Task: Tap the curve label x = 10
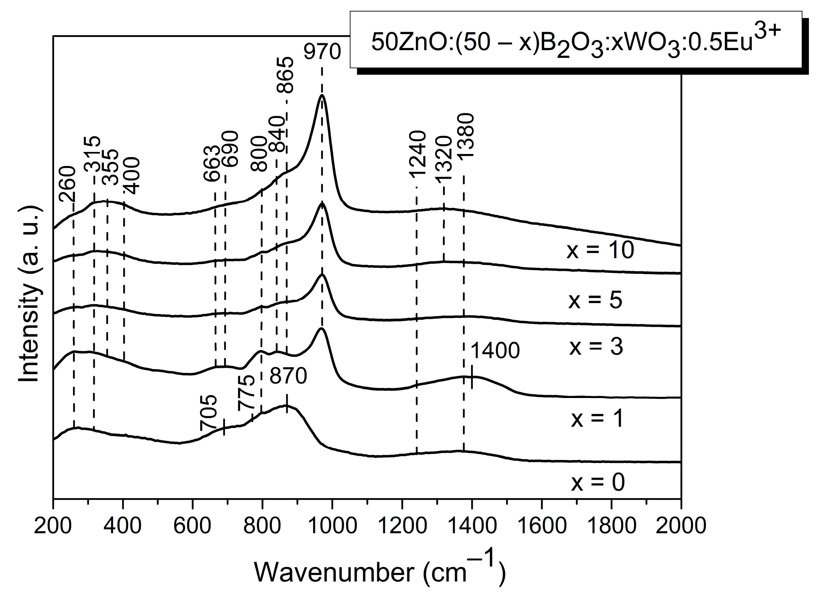tap(600, 251)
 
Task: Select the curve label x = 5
tap(595, 301)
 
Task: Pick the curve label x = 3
tap(596, 347)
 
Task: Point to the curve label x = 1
tap(597, 419)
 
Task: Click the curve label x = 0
tap(597, 482)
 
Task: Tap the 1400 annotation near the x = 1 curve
tap(495, 351)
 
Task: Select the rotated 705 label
tap(209, 413)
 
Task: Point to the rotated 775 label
tap(246, 394)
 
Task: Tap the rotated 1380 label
tap(466, 137)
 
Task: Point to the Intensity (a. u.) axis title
tap(30, 295)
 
